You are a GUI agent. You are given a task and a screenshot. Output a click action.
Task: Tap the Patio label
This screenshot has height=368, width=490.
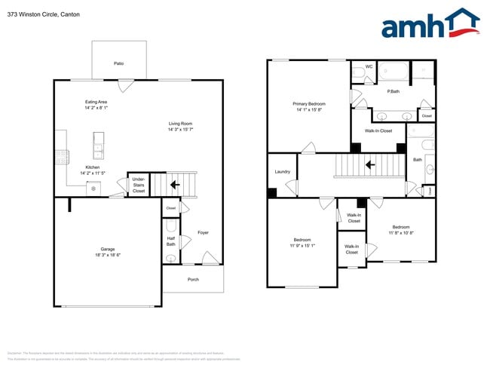point(118,64)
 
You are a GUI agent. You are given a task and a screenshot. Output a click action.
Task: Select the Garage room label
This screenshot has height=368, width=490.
point(108,249)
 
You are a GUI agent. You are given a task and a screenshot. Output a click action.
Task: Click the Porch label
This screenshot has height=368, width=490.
point(193,279)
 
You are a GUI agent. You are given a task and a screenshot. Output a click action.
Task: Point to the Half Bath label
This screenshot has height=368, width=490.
point(170,241)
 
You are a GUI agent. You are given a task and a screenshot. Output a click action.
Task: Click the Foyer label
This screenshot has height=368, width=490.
point(203,232)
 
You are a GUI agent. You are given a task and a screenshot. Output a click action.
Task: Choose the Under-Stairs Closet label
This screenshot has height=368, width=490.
point(139,185)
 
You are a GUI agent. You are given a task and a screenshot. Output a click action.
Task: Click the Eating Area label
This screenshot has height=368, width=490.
point(96,102)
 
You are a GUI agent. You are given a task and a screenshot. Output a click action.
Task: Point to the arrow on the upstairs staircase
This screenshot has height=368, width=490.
point(369,164)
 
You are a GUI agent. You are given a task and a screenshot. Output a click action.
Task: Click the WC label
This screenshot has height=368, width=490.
point(369,67)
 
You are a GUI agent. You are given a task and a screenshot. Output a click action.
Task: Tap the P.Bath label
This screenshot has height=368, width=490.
point(393,91)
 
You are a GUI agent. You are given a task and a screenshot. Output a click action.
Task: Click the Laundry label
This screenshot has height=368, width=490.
point(283,172)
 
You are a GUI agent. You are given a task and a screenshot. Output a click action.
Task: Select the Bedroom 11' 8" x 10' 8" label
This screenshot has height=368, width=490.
point(400,227)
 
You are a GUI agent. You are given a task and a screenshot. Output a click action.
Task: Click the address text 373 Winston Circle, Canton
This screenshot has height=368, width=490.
point(42,14)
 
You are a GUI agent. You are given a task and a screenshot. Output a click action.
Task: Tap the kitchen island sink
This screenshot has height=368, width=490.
point(97,142)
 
